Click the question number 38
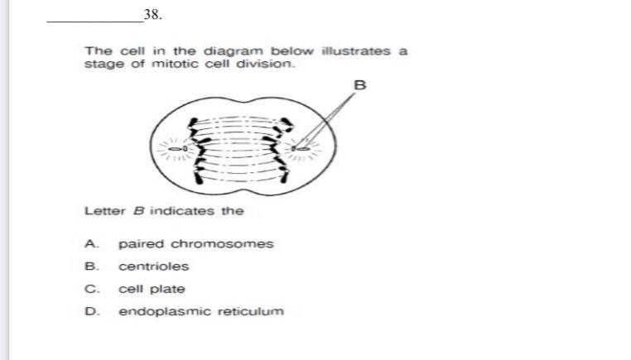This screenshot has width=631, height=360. [151, 15]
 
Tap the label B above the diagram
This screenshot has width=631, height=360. [359, 84]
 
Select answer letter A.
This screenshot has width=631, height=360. [90, 244]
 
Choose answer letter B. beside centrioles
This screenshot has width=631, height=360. [90, 266]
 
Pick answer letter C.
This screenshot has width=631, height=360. [90, 289]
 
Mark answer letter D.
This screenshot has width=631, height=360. [90, 311]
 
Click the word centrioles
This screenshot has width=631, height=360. [153, 266]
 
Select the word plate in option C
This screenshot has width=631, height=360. [168, 289]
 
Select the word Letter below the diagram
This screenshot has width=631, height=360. [103, 210]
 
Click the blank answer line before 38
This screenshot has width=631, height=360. [94, 18]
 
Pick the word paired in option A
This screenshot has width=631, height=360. [138, 244]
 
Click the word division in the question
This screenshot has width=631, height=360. [267, 64]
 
